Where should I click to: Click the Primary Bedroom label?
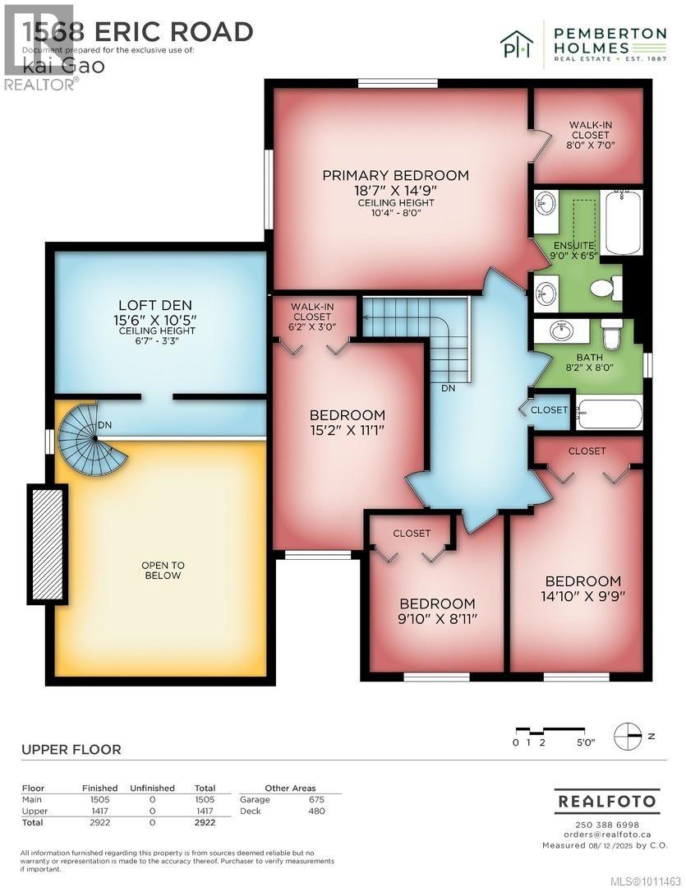tap(395, 175)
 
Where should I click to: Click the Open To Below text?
tap(161, 570)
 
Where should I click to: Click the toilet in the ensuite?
tap(606, 288)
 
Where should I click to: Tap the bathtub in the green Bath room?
tap(609, 414)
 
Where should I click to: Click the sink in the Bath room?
tap(561, 332)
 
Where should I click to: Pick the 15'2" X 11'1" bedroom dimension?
tap(346, 430)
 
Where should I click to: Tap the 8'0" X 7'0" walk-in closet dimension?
tap(590, 145)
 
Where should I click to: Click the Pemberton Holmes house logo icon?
tap(517, 44)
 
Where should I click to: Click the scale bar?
tap(550, 730)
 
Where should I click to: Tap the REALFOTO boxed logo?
tap(606, 800)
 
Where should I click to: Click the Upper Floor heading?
tap(71, 749)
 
